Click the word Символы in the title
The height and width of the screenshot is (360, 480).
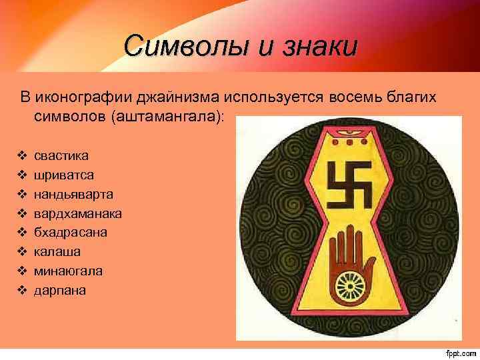pos(177,46)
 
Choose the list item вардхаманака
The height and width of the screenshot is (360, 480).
pos(78,213)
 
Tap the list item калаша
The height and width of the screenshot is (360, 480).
pos(59,252)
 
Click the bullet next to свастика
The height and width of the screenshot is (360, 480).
pos(22,155)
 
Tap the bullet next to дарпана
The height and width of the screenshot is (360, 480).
pos(22,291)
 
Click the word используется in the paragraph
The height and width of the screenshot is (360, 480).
pos(275,97)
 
